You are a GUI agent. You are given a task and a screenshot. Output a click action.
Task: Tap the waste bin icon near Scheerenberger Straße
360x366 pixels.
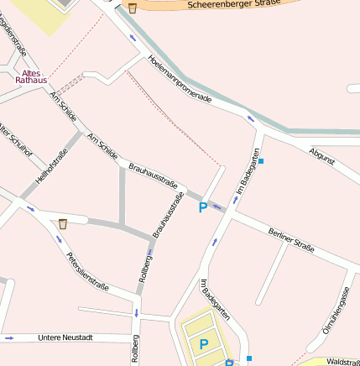tap(133, 8)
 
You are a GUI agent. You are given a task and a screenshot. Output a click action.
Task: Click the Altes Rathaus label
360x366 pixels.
tap(31, 76)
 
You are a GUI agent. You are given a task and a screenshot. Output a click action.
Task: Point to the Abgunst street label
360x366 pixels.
tap(321, 155)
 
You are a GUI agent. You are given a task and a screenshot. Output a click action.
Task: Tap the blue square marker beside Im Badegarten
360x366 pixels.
tap(261, 160)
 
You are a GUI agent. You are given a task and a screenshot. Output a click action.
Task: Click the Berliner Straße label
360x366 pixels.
tap(291, 239)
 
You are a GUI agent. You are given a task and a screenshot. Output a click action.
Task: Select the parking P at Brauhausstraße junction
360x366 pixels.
tap(202, 207)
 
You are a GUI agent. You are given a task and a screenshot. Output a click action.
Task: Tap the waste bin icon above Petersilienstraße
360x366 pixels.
tap(63, 224)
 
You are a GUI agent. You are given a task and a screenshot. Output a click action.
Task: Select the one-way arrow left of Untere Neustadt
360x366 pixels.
tap(9, 337)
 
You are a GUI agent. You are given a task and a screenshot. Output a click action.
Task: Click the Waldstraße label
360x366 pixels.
tap(342, 362)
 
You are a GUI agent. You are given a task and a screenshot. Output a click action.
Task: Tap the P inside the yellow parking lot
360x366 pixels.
tap(203, 343)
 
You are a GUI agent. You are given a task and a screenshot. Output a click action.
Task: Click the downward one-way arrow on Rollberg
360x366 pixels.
tap(135, 313)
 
